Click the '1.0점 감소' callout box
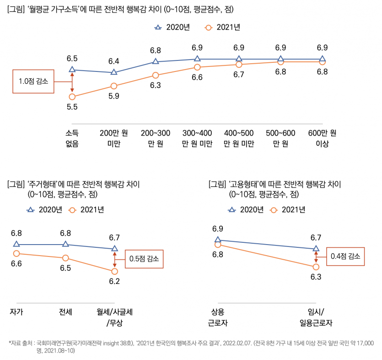tap(33, 82)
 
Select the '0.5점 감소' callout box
tap(144, 259)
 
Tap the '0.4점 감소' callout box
tap(345, 256)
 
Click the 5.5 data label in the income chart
tap(72, 107)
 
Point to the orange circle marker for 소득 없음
tap(72, 97)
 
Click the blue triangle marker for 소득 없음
tap(72, 70)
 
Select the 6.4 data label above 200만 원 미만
tap(113, 61)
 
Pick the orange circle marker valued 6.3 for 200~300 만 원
tap(156, 75)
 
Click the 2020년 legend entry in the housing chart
tap(44, 210)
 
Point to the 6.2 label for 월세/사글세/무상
tap(114, 281)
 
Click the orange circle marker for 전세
tap(65, 258)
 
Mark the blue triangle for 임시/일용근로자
tap(316, 248)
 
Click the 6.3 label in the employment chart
tap(316, 277)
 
